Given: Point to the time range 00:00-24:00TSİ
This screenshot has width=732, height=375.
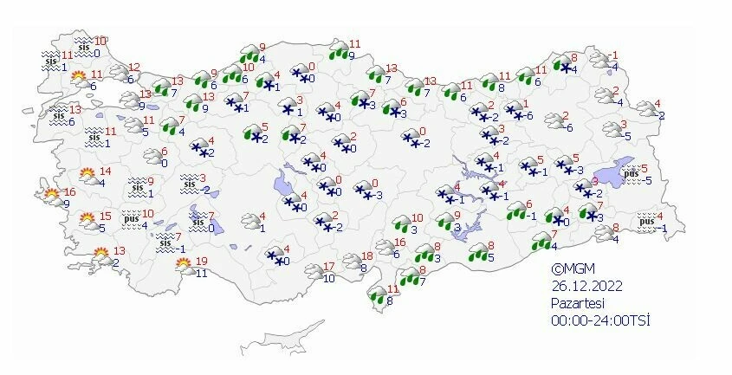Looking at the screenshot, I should (x=600, y=320).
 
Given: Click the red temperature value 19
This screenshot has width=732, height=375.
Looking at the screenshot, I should (x=201, y=262).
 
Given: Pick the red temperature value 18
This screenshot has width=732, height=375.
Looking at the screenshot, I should (x=366, y=256).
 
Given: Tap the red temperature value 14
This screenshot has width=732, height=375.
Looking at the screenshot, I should (x=106, y=171).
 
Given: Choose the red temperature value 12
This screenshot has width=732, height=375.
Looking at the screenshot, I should (x=134, y=68).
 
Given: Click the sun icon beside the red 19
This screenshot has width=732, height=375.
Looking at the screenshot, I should (x=183, y=266).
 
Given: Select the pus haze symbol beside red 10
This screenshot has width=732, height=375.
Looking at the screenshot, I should (x=131, y=218).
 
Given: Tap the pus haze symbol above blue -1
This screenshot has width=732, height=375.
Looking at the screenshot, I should (x=645, y=222).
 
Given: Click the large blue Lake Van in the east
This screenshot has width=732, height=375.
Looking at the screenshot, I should (x=617, y=174).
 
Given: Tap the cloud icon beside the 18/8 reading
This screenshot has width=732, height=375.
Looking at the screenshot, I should (x=351, y=261).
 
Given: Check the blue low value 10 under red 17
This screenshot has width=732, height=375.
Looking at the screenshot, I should (x=328, y=278).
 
